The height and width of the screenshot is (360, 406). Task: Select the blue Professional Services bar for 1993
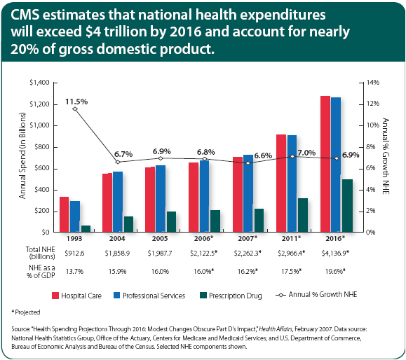pos(75,216)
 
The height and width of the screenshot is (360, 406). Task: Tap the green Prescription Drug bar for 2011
pos(302,215)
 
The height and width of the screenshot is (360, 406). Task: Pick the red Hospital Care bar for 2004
pos(107,203)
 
